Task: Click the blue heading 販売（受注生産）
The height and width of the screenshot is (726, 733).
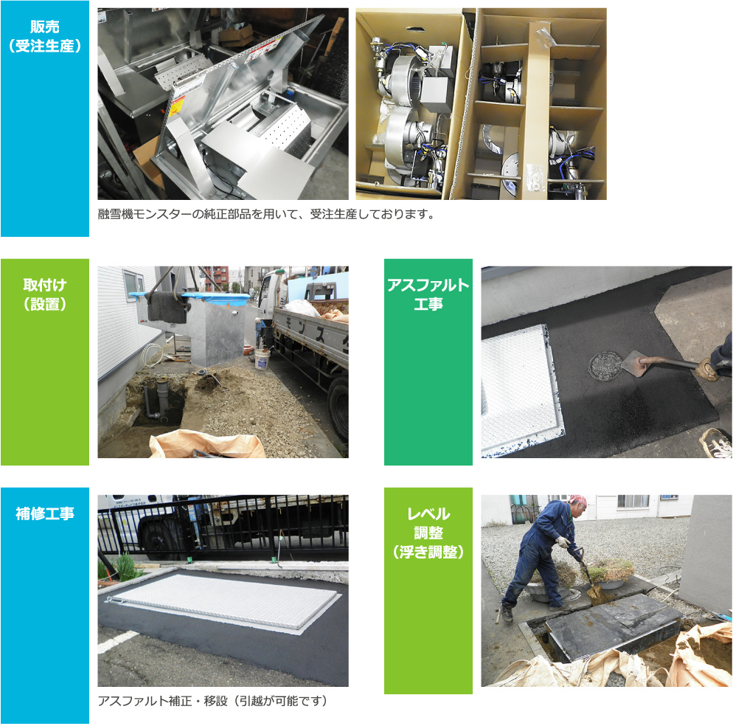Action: [45, 36]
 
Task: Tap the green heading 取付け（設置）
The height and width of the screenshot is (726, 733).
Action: [45, 294]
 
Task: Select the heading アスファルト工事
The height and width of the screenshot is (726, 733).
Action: [428, 294]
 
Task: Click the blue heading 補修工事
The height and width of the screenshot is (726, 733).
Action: [45, 514]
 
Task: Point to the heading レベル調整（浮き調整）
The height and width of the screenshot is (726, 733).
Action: [428, 533]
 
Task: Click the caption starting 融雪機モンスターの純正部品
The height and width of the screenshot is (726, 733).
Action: [266, 214]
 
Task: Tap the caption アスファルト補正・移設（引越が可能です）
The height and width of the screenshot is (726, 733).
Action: [213, 701]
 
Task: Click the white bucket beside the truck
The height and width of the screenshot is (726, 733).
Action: [263, 359]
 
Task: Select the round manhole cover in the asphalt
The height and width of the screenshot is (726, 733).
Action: [605, 366]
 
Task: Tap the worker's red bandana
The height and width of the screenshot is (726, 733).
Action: [579, 500]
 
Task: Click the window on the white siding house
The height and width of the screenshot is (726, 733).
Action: [135, 284]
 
